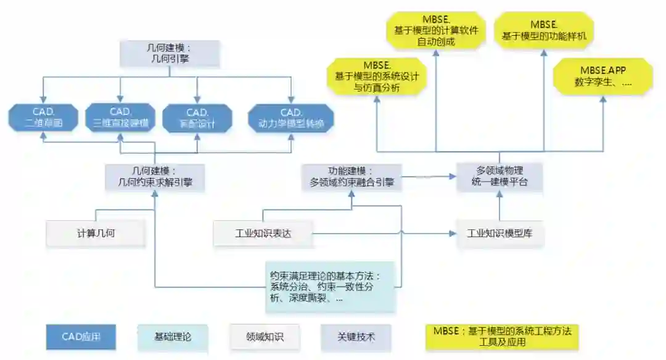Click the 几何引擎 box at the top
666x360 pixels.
pyautogui.click(x=170, y=54)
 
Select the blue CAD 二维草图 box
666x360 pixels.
pyautogui.click(x=43, y=118)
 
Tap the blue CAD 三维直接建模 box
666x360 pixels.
pyautogui.click(x=120, y=118)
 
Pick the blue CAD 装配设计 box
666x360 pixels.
pyautogui.click(x=197, y=118)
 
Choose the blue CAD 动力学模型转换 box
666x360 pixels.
pyautogui.click(x=291, y=118)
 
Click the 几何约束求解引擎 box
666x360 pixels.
pyautogui.click(x=154, y=177)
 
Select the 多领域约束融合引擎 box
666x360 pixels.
pyautogui.click(x=352, y=177)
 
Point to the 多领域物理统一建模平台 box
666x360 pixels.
pyautogui.click(x=500, y=177)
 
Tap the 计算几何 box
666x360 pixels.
pyautogui.click(x=96, y=234)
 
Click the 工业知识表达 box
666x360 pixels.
pyautogui.click(x=263, y=234)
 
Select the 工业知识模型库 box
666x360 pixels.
pyautogui.click(x=500, y=234)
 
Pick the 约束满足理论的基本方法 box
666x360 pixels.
pyautogui.click(x=329, y=287)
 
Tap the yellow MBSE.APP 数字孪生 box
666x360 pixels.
pyautogui.click(x=602, y=76)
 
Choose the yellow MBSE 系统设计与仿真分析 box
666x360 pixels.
pyautogui.click(x=377, y=76)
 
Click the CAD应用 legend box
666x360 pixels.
pyautogui.click(x=81, y=337)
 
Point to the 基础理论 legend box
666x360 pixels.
pyautogui.click(x=172, y=337)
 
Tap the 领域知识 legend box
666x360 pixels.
pyautogui.click(x=264, y=337)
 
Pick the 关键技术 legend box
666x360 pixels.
pyautogui.click(x=356, y=337)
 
